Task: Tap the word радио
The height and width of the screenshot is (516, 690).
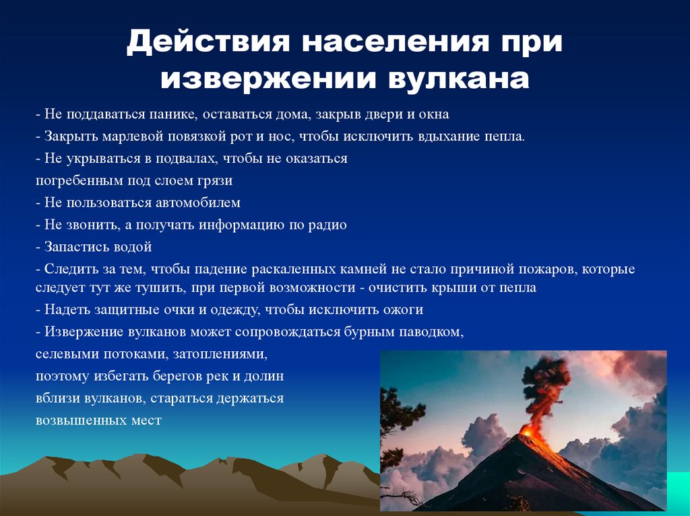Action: click(x=328, y=225)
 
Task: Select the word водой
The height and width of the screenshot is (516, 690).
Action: click(x=135, y=247)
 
